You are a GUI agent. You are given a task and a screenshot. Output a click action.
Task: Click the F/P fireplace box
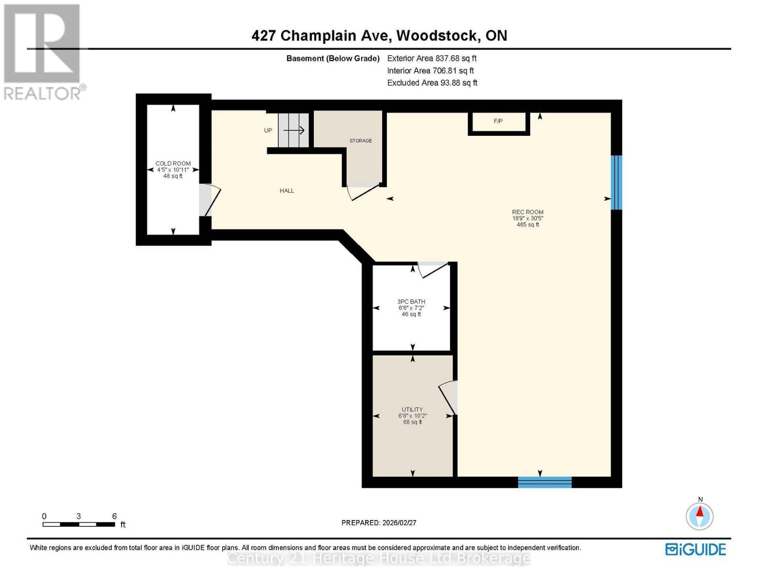[498, 122]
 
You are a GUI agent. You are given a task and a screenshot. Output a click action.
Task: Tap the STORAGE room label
[361, 141]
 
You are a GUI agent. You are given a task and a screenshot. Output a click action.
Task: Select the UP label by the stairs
[268, 130]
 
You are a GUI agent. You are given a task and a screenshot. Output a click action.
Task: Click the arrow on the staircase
[294, 130]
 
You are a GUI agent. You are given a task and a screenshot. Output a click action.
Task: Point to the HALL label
[287, 191]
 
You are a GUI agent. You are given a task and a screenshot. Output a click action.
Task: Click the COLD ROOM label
[173, 164]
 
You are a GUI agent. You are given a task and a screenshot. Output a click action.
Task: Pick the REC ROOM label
[528, 212]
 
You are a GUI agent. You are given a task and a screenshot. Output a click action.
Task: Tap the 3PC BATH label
[411, 302]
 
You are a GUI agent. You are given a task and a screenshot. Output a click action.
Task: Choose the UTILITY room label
[412, 410]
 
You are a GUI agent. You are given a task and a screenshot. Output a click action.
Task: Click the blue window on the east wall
[617, 182]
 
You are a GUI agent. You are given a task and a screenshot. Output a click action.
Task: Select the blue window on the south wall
[545, 482]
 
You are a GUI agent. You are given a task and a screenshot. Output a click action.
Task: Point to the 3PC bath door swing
[433, 270]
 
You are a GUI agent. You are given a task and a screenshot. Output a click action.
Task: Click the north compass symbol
[700, 515]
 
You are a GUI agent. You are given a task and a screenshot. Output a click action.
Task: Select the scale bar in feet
[79, 524]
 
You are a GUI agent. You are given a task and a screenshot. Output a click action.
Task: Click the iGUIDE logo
[696, 549]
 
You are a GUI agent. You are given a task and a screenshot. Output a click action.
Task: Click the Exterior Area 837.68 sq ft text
[432, 58]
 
